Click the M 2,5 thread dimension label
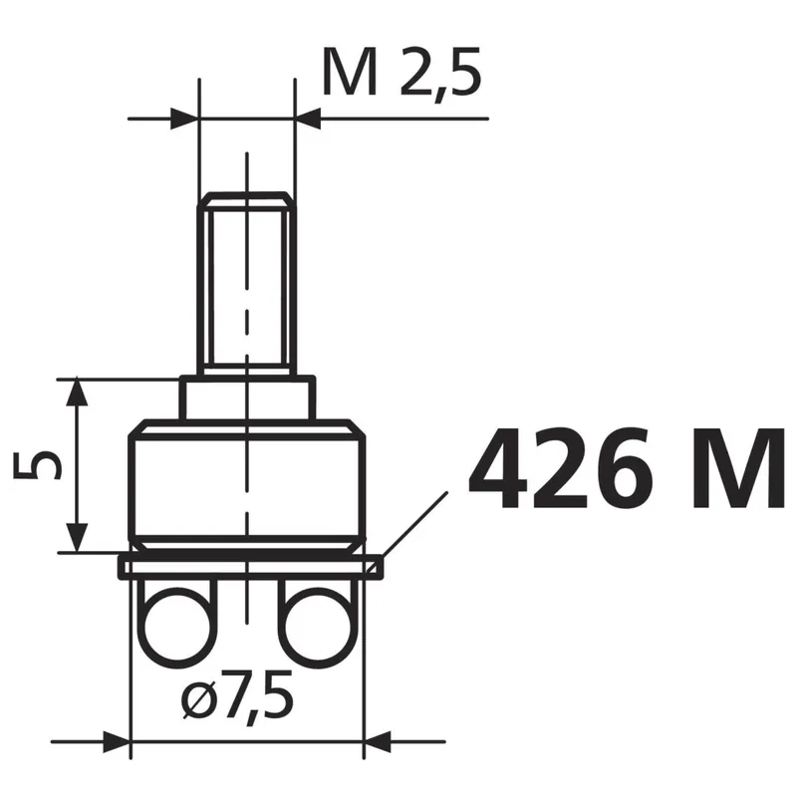[401, 74]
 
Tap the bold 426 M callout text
[628, 467]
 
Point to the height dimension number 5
[38, 465]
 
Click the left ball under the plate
[177, 628]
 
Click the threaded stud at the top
[247, 284]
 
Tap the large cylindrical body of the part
[247, 485]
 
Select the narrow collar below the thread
[247, 398]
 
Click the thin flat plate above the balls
[251, 566]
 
